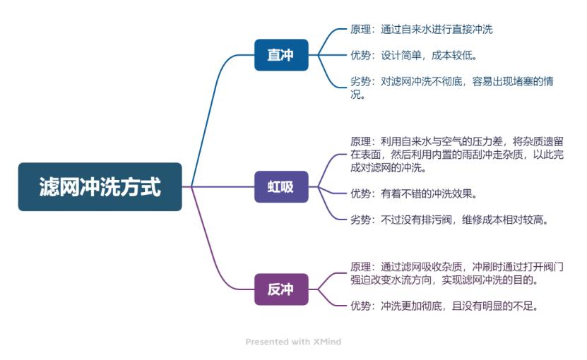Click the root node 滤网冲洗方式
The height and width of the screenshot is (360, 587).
100,187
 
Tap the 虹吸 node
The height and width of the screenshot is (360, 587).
281,187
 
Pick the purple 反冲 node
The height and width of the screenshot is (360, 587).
281,289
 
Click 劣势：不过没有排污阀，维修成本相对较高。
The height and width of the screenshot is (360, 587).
449,220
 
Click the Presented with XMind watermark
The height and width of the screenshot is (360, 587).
293,342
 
